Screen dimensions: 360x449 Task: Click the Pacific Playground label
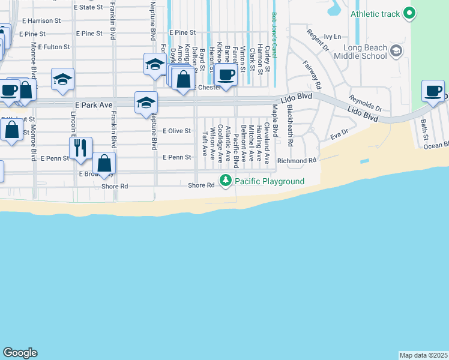point(270,181)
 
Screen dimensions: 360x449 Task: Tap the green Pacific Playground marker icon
point(226,180)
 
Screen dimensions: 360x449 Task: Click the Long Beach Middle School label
point(364,52)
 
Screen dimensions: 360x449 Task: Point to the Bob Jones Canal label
point(274,35)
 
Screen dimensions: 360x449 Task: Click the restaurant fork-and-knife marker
point(80,148)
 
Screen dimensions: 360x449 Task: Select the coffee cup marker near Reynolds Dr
point(433,91)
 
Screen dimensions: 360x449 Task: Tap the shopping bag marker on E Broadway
point(104,163)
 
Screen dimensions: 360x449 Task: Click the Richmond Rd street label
point(297,161)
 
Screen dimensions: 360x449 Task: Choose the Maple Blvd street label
point(275,119)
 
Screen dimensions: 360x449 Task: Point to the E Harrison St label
point(41,20)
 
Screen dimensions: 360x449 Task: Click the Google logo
point(20,353)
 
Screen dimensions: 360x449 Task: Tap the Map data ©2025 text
point(424,355)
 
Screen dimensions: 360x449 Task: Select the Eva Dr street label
point(339,134)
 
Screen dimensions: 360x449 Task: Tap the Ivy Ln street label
point(332,37)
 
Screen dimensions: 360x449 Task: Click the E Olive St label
point(176,130)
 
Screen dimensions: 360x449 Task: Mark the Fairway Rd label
point(312,73)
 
